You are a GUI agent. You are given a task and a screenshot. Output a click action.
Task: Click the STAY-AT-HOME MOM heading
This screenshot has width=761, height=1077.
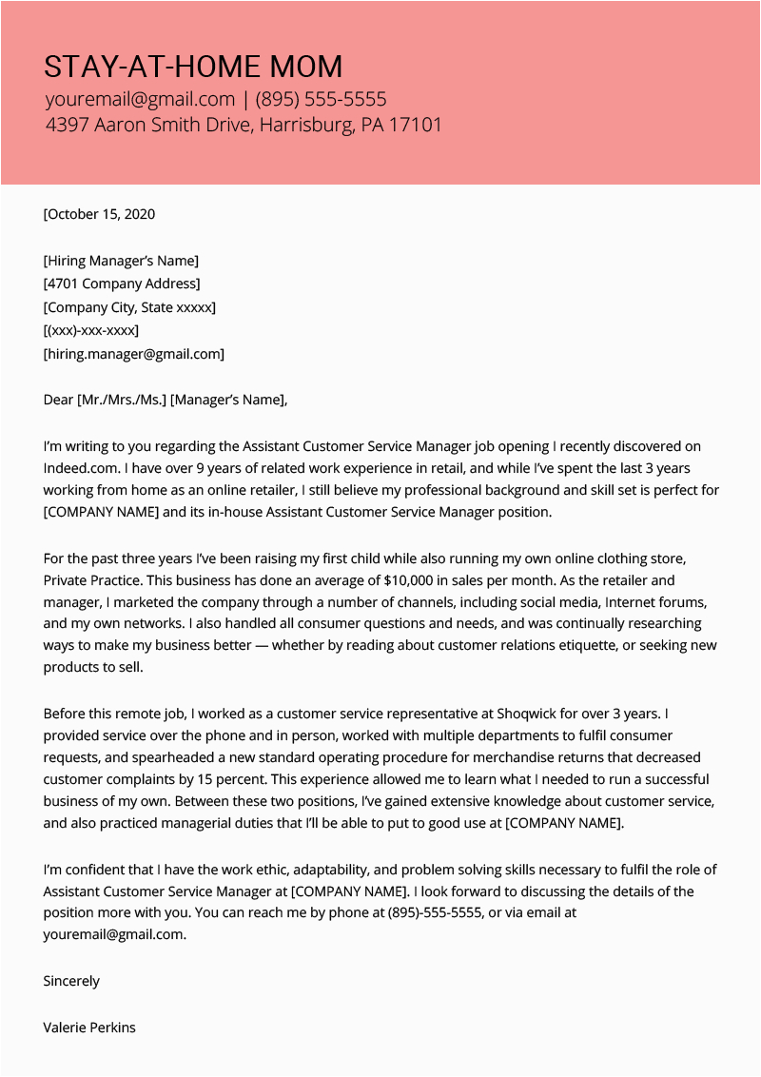click(193, 67)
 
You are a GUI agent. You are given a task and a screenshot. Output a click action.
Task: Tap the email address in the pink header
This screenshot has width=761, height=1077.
click(139, 99)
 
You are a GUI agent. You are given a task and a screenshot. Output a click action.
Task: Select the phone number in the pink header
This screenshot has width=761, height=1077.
click(321, 99)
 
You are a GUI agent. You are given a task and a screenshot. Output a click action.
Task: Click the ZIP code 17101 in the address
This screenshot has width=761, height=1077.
click(415, 125)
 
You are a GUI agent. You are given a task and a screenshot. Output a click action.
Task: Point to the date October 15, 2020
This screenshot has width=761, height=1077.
click(101, 214)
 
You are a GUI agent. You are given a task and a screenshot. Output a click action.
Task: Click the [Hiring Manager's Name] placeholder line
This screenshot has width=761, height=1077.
click(121, 261)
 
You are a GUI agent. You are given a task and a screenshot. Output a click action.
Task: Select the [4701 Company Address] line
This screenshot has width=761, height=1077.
click(122, 284)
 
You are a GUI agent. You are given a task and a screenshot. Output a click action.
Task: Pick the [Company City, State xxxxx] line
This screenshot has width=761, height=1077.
click(129, 307)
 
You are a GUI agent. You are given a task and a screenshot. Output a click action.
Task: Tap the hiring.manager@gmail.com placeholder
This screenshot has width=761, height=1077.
click(134, 354)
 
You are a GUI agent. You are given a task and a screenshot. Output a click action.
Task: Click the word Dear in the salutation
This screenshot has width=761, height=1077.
click(58, 400)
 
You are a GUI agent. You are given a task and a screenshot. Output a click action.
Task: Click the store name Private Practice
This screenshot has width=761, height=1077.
click(93, 579)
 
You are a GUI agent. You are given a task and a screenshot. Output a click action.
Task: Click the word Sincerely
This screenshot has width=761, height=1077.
click(71, 981)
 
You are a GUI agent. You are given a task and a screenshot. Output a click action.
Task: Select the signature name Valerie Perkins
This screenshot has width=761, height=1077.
click(89, 1028)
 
